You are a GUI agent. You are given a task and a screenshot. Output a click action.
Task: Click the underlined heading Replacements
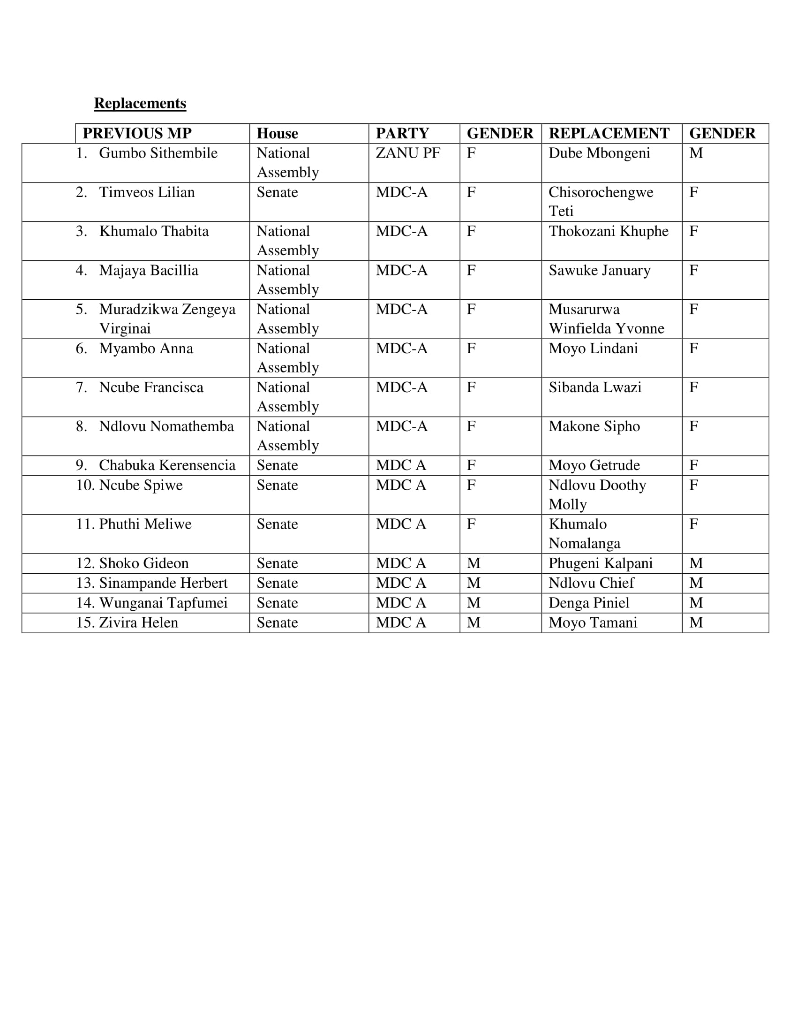[x=140, y=103]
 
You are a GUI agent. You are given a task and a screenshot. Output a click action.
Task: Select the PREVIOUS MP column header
[x=137, y=133]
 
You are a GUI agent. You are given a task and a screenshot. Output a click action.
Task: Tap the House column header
[x=277, y=133]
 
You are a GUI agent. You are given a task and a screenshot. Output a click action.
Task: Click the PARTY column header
[x=402, y=133]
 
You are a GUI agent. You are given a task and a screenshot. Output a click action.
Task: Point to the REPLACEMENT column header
[x=609, y=133]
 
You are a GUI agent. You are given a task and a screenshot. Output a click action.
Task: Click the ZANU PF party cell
[x=408, y=153]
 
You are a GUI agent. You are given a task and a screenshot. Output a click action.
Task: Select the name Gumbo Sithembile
[x=158, y=153]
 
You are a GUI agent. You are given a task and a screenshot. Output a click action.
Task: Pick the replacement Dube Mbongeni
[x=599, y=153]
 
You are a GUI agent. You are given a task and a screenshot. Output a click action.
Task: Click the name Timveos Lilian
[x=147, y=192]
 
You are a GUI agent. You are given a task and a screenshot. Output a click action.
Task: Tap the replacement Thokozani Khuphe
[x=608, y=231]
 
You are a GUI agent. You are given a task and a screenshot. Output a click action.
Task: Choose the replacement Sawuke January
[x=599, y=270]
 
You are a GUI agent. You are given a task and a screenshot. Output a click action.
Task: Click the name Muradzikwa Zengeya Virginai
[x=167, y=319]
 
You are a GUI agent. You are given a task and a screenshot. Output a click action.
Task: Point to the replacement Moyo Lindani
[x=593, y=348]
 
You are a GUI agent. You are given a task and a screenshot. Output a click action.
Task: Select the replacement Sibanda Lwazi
[x=595, y=387]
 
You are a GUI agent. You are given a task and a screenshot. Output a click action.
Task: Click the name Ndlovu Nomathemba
[x=166, y=426]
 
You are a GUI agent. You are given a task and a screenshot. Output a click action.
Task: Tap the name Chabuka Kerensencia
[x=167, y=465]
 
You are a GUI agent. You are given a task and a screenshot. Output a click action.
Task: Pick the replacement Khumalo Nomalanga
[x=585, y=533]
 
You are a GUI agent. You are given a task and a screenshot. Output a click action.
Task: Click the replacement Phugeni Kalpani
[x=601, y=563]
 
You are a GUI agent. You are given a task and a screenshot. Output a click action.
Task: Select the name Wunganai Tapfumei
[x=163, y=603]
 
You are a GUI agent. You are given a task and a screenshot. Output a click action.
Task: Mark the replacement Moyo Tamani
[x=593, y=623]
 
